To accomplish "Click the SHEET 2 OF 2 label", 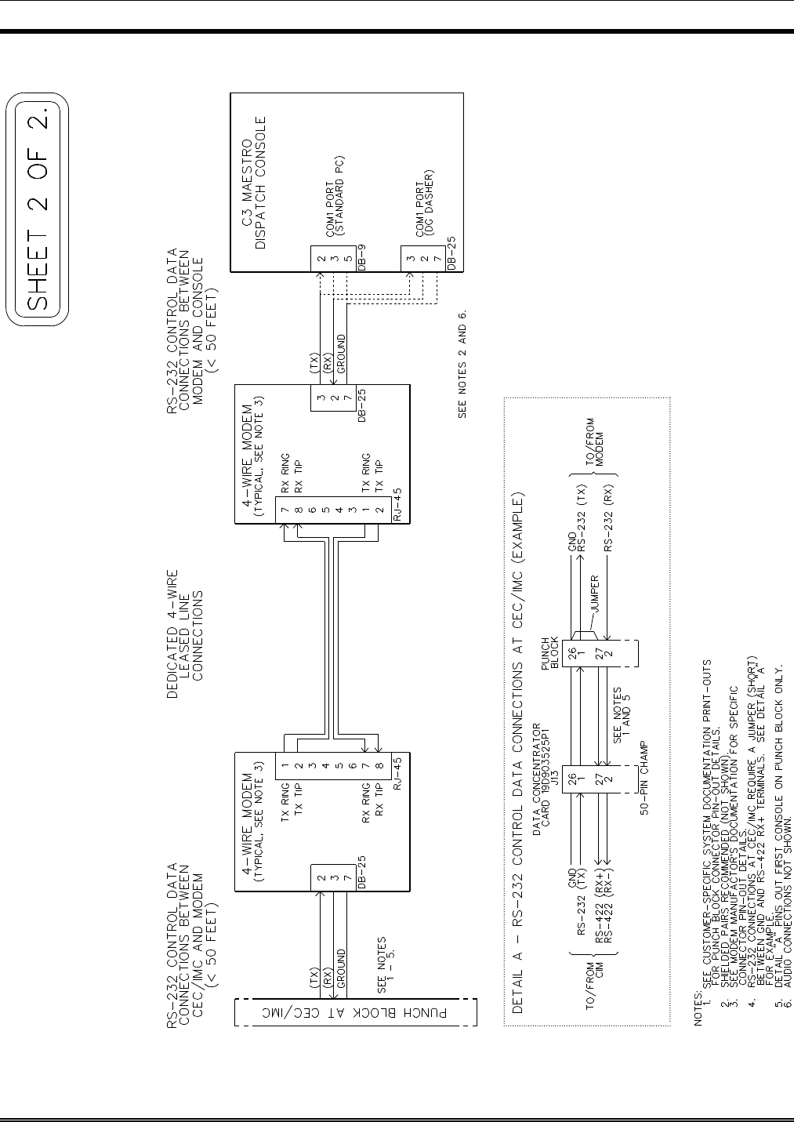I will pyautogui.click(x=38, y=209).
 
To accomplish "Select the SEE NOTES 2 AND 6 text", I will pyautogui.click(x=462, y=365).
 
